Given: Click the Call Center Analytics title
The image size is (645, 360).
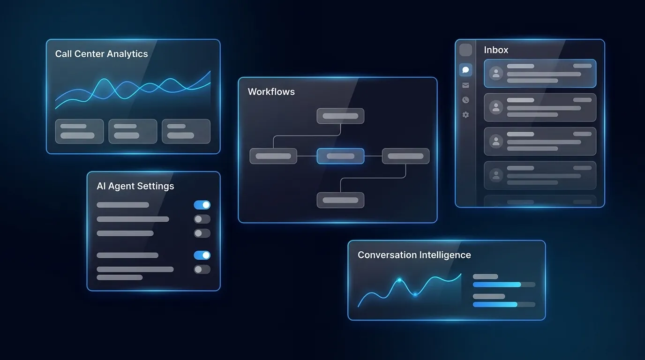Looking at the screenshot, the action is (x=101, y=54).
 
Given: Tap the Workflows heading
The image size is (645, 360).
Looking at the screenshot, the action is (x=271, y=92).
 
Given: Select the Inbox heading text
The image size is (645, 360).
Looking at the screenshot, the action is (x=496, y=50).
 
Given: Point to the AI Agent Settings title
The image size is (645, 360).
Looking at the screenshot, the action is (x=135, y=186).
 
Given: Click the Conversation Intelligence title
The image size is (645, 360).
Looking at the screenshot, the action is (x=414, y=255).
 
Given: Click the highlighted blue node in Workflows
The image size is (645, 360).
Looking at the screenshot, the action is (x=340, y=156).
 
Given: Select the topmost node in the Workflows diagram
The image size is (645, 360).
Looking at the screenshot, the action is (x=340, y=116).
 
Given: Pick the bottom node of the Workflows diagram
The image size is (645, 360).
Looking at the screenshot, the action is (x=340, y=200).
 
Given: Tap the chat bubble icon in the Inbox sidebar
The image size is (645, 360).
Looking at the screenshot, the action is (x=465, y=70).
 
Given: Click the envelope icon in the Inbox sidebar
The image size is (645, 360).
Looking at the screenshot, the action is (x=465, y=85).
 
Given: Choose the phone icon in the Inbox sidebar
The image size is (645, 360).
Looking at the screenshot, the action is (x=465, y=100).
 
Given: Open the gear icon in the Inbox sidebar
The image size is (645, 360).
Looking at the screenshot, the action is (x=465, y=115).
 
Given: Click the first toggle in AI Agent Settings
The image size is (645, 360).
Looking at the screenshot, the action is (x=202, y=205).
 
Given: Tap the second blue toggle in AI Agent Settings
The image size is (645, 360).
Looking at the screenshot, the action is (x=202, y=255).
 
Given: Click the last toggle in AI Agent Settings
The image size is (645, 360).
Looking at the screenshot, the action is (x=202, y=270).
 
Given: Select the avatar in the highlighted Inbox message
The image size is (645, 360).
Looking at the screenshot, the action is (x=496, y=73).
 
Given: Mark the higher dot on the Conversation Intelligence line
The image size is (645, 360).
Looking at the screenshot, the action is (x=399, y=280).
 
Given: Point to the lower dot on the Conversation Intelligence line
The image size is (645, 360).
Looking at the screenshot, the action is (x=415, y=294).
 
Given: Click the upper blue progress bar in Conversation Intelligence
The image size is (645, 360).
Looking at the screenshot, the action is (x=497, y=285).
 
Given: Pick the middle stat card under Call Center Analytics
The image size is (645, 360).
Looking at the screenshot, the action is (x=133, y=131).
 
